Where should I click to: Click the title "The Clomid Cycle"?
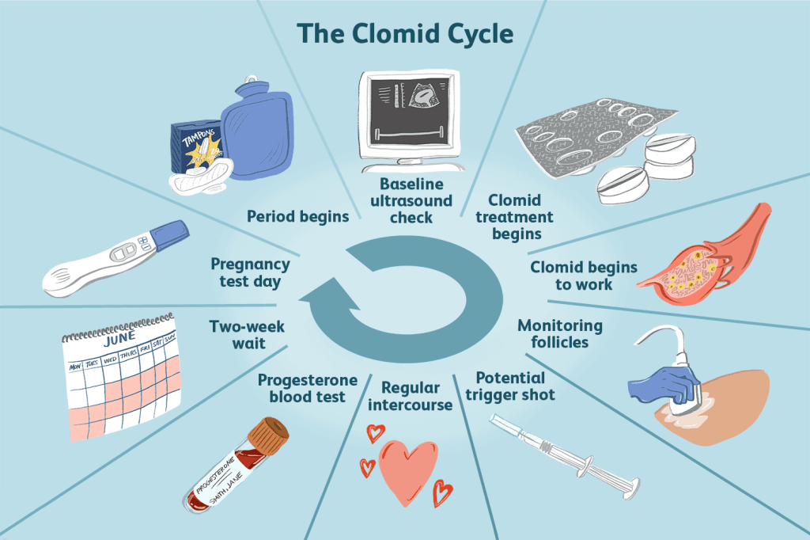[405, 34]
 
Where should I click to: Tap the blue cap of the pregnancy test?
[168, 235]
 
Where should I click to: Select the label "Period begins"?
[297, 216]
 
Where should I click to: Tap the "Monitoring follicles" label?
[559, 333]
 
